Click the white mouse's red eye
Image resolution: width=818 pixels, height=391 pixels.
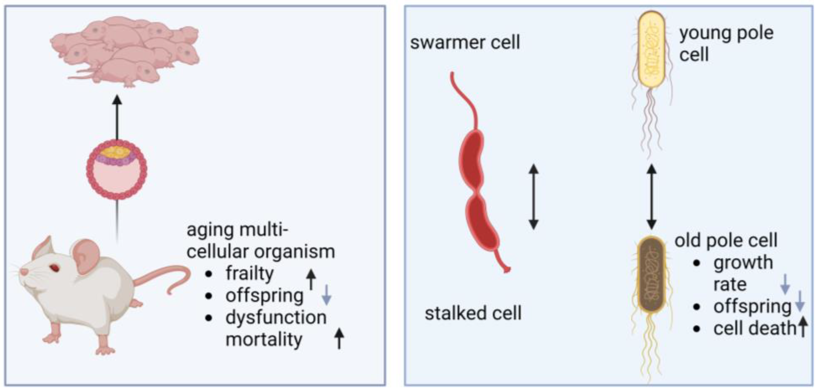pos(55,268)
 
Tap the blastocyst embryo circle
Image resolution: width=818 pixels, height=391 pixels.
pos(116,170)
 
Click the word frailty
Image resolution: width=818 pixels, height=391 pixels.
pos(249,273)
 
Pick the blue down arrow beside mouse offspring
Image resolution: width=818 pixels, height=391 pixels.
pos(326,295)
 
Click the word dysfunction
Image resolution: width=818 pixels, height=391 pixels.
pos(276,317)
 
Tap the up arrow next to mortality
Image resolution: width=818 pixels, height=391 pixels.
pos(339,338)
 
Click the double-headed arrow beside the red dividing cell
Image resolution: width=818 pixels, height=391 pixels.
pos(534,197)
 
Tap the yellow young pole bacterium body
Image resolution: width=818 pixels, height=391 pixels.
pos(651,49)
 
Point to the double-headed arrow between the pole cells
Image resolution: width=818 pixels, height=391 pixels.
pos(651,197)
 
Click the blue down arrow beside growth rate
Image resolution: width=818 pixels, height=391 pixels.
pos(785,284)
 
